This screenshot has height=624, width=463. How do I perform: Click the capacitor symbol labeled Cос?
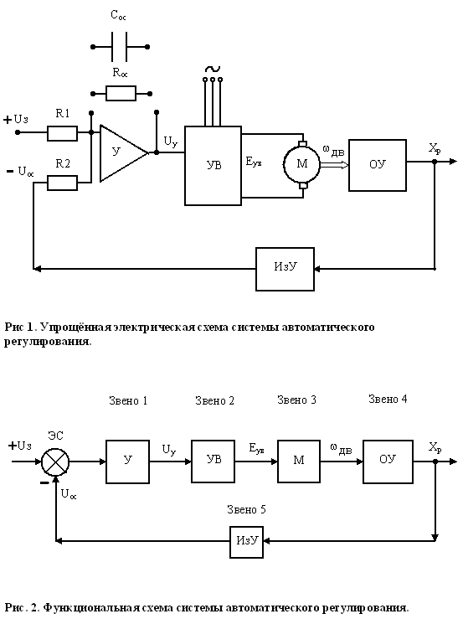click(120, 47)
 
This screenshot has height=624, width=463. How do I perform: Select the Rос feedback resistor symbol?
click(121, 94)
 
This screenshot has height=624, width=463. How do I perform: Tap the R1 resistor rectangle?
click(62, 133)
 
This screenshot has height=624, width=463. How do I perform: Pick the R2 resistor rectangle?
click(62, 183)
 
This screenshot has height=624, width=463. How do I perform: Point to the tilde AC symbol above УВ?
click(213, 69)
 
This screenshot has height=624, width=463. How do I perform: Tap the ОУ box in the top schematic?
click(378, 165)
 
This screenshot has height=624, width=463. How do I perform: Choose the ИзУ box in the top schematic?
click(285, 269)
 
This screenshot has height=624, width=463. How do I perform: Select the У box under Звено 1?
click(128, 462)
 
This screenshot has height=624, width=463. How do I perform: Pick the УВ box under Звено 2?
click(213, 462)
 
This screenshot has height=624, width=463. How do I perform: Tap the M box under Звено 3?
click(299, 462)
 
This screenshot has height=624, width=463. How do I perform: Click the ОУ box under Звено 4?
click(388, 462)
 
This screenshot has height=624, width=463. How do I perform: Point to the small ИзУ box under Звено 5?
click(247, 542)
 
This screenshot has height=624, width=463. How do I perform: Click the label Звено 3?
click(296, 400)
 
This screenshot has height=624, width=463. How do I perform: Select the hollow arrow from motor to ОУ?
click(335, 164)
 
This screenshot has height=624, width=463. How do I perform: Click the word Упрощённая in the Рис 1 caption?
click(75, 327)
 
